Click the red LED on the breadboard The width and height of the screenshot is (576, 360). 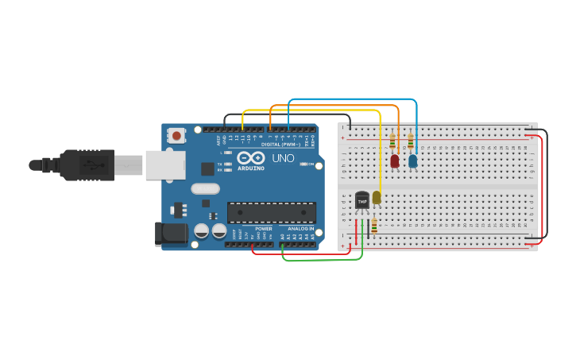(395, 161)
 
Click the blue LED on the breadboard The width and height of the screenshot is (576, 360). (412, 161)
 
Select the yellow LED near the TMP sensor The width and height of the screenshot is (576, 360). (377, 197)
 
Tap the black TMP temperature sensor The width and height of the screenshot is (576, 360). (362, 199)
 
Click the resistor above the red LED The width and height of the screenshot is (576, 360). (392, 142)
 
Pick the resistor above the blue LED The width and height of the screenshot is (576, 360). (411, 142)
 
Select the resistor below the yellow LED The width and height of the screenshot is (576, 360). (374, 226)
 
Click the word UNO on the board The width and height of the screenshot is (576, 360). (284, 158)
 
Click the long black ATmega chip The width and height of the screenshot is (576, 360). (272, 212)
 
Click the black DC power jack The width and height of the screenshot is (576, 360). (169, 234)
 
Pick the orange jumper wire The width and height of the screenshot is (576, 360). (334, 106)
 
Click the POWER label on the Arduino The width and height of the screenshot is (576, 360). (264, 228)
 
